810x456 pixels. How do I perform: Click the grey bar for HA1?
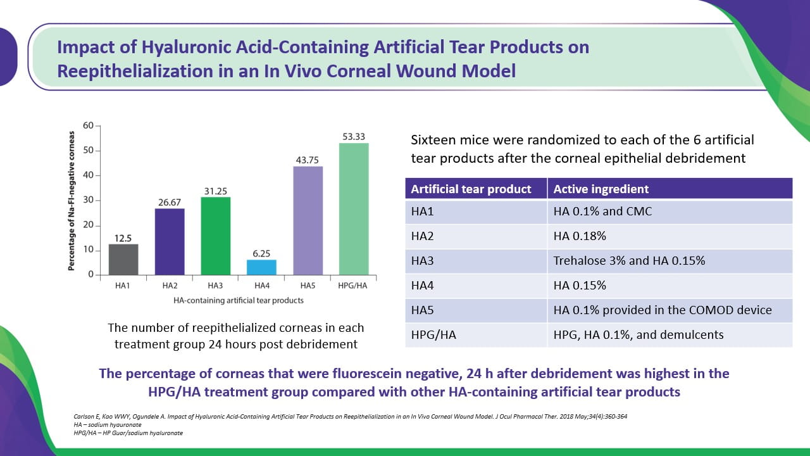(x=123, y=260)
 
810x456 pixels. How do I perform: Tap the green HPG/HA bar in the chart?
(x=354, y=209)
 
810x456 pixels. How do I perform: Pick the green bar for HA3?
(x=215, y=236)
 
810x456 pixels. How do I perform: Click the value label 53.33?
(x=354, y=136)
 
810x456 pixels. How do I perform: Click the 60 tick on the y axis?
(x=89, y=125)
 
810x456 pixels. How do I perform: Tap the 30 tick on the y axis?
(x=89, y=200)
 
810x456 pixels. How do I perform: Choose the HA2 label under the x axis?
(x=169, y=286)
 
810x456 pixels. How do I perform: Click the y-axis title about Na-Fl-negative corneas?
(x=72, y=201)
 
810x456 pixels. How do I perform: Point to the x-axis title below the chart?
(x=238, y=300)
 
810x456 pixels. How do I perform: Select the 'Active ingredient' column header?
(x=601, y=189)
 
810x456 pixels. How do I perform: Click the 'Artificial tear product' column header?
(x=471, y=189)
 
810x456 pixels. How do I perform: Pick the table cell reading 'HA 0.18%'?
(x=580, y=236)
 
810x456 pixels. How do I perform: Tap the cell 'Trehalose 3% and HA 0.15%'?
(x=629, y=260)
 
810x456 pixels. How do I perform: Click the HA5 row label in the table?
(x=422, y=310)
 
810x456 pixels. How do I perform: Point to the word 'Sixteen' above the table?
(x=434, y=139)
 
